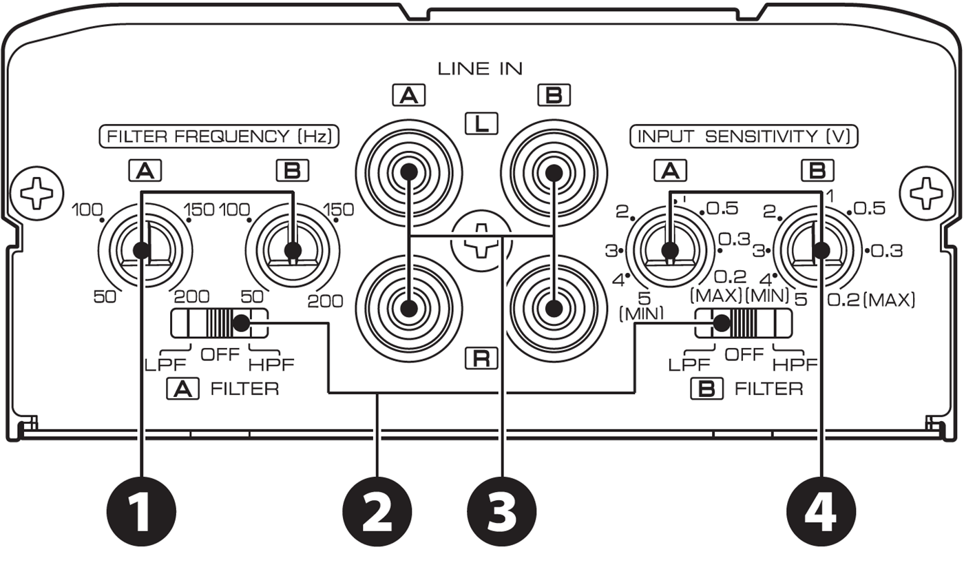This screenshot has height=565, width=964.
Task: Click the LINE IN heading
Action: pos(481,68)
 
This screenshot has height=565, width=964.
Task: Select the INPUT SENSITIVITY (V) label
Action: pos(744,136)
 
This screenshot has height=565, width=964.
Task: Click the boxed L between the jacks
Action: pos(481,124)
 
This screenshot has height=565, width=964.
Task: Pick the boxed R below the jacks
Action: pos(481,358)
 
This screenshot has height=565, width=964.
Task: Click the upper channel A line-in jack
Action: pos(408,172)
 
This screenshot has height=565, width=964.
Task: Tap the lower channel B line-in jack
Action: pos(552,308)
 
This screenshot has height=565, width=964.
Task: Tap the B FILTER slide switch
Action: pos(744,323)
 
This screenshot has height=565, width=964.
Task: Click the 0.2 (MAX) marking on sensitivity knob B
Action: pos(871,300)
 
